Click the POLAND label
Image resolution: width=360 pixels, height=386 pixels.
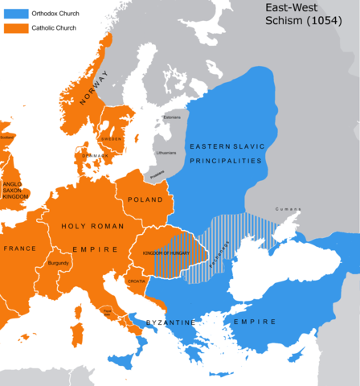(145, 199)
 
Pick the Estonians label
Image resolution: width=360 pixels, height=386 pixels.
(172, 117)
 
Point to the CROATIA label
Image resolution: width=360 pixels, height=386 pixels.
(136, 282)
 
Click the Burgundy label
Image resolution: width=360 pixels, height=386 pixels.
(58, 263)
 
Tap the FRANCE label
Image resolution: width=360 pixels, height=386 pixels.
(17, 249)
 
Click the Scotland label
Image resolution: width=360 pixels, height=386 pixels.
(7, 138)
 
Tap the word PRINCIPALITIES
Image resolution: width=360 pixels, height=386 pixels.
(225, 162)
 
